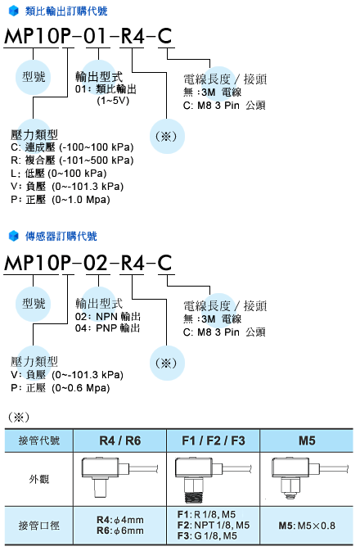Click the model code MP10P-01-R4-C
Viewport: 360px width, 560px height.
point(88,36)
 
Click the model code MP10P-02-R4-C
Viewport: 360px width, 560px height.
point(88,263)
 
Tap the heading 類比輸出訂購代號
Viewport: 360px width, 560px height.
point(66,11)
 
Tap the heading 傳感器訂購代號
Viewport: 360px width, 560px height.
point(61,236)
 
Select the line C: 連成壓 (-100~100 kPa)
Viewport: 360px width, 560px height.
point(72,147)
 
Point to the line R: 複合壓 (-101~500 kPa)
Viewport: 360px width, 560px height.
point(72,160)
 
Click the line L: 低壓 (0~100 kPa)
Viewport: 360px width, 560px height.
point(59,174)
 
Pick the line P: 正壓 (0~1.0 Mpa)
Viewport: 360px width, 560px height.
point(61,199)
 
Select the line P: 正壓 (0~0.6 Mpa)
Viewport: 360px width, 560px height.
point(61,388)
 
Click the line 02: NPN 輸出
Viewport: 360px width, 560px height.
point(108,316)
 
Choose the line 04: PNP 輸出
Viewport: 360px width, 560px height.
point(108,327)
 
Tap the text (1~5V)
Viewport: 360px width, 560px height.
point(113,101)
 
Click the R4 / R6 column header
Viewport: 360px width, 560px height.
point(120,440)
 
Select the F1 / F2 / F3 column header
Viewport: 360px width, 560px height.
point(214,440)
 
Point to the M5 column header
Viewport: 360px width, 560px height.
point(307,440)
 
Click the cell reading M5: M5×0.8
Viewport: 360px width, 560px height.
point(307,526)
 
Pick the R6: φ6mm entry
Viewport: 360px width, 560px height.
point(120,531)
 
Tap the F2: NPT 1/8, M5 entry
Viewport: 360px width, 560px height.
point(214,525)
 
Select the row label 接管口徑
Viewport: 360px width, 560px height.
point(39,526)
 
